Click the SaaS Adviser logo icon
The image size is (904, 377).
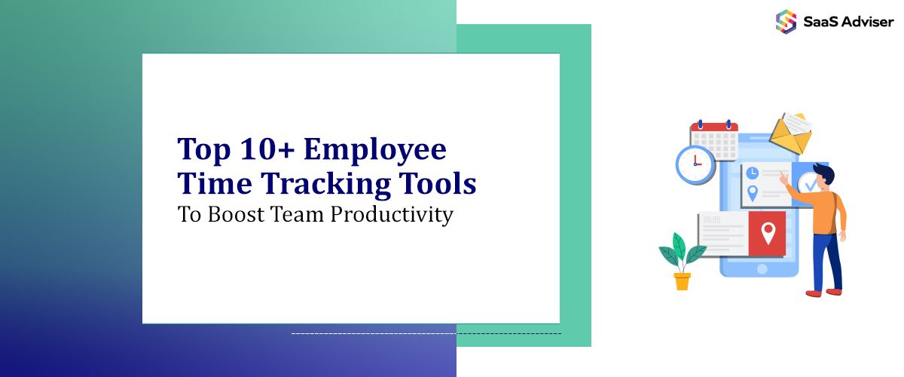[786, 21]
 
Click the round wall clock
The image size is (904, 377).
[695, 164]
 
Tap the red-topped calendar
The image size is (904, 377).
[713, 140]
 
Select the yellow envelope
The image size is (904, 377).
[789, 135]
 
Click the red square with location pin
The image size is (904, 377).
[767, 233]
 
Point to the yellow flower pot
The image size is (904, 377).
[682, 281]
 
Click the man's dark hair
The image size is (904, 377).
[824, 174]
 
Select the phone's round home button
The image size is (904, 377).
[762, 268]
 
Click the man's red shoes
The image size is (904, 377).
[823, 292]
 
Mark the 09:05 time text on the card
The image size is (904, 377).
[712, 220]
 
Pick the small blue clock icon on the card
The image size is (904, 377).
[752, 173]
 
